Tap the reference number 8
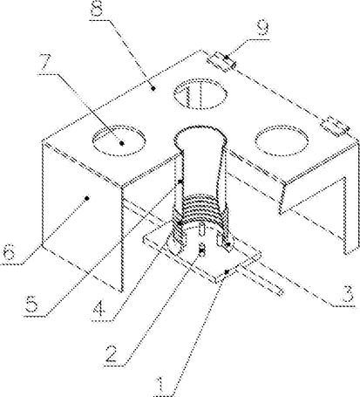click(97, 9)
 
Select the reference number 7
click(48, 63)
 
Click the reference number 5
click(31, 305)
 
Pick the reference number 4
click(99, 309)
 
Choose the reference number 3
click(348, 294)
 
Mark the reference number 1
click(163, 386)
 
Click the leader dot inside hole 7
click(122, 143)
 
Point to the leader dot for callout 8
click(153, 88)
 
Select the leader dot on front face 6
click(86, 198)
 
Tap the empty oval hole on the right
click(282, 140)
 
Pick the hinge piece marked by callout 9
click(221, 62)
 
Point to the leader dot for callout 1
click(227, 271)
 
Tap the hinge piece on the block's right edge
click(336, 127)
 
